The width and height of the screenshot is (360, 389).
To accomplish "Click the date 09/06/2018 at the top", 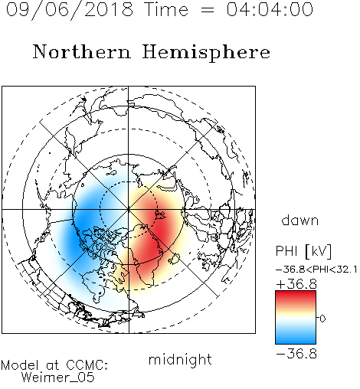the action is click(70, 10).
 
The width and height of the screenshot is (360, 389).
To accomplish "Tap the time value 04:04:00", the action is click(270, 9).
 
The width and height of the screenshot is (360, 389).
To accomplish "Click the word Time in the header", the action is click(166, 9).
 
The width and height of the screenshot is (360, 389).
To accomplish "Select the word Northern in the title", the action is click(82, 51).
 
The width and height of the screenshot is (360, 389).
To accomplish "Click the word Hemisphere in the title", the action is click(206, 53).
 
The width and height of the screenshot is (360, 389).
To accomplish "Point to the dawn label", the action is click(300, 220).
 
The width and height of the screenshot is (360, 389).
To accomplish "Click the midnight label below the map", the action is click(180, 361).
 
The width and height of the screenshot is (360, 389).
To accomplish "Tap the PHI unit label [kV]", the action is click(319, 251).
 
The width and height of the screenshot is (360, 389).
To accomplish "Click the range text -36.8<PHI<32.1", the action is click(316, 270).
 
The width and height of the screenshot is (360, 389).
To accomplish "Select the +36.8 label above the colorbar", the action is click(296, 284).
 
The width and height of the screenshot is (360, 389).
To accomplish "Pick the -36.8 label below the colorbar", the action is click(296, 354).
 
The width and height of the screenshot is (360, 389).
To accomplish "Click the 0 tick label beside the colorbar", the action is click(322, 319).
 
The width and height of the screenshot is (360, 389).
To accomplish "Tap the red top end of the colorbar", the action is click(296, 293).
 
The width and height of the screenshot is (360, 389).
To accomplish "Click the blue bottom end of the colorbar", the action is click(296, 342).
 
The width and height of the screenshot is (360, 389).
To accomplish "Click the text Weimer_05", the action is click(58, 378).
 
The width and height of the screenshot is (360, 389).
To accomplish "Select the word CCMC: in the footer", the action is click(87, 365).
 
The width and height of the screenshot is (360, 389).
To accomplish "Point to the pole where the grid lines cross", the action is click(129, 209).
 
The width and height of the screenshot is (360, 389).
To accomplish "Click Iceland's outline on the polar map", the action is click(174, 259).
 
